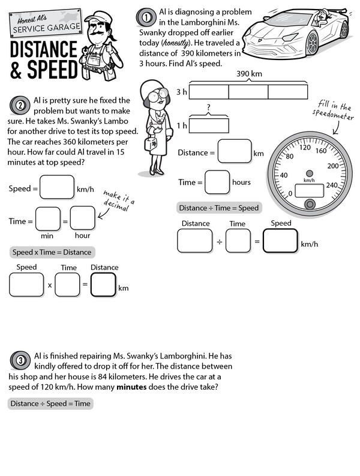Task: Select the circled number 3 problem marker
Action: [20, 360]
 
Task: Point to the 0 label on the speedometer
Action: [290, 193]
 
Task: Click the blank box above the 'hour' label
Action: [82, 218]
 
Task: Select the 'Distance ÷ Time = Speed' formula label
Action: [219, 208]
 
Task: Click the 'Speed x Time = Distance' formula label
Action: [51, 252]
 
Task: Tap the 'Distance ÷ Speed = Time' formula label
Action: [50, 403]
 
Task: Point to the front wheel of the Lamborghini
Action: [312, 43]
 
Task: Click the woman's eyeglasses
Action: [154, 95]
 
